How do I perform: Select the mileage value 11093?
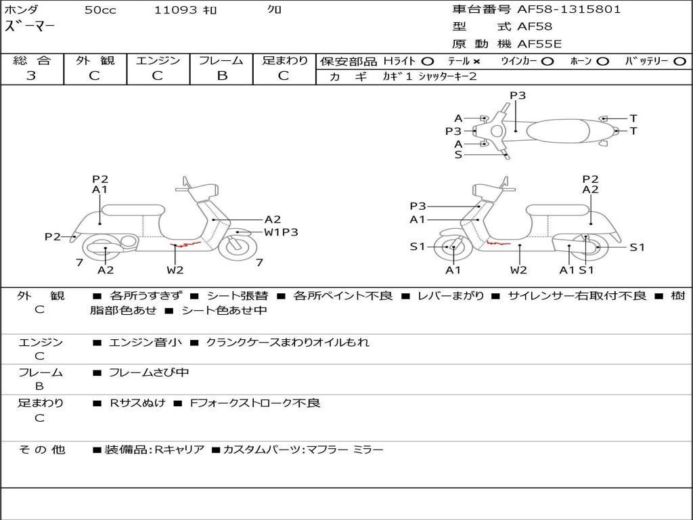click(x=176, y=10)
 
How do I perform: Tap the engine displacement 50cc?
click(x=100, y=10)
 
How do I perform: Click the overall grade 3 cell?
click(x=31, y=76)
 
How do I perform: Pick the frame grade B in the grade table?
click(x=222, y=76)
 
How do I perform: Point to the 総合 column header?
click(x=31, y=61)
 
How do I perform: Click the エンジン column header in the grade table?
click(x=158, y=61)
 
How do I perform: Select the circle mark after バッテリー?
click(x=679, y=62)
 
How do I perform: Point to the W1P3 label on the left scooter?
click(x=281, y=232)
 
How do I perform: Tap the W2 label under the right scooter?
click(x=518, y=270)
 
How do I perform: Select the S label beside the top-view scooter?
click(x=458, y=155)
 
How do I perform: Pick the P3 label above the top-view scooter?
click(x=518, y=95)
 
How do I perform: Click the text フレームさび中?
click(x=149, y=372)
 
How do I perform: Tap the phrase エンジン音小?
click(x=146, y=343)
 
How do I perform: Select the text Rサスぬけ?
click(x=137, y=403)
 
